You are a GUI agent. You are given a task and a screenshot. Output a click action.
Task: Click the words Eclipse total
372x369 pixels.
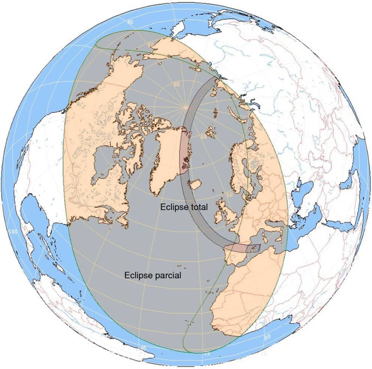[184, 207]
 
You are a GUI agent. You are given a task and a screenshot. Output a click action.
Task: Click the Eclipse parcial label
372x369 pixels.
[153, 275]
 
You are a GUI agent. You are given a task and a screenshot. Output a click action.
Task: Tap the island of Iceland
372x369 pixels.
[196, 184]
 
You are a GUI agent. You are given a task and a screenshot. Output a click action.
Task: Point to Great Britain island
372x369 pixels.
[230, 215]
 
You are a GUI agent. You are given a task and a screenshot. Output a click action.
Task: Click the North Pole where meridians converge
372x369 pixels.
[186, 107]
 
